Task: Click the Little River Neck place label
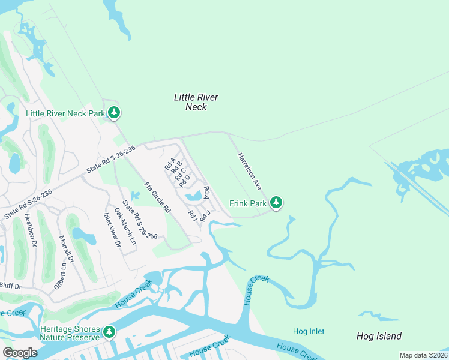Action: coord(196,102)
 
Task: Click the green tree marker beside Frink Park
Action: coord(276,203)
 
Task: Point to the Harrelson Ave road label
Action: coord(249,172)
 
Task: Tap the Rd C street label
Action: coord(180,174)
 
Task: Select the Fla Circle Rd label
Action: coord(158,197)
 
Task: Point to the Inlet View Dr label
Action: coord(112,230)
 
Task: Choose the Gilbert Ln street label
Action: coord(59,277)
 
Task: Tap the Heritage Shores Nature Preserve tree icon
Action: coord(109,332)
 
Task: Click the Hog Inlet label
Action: coord(308,331)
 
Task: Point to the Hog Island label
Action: coord(379,336)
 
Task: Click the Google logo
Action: coord(20,353)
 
